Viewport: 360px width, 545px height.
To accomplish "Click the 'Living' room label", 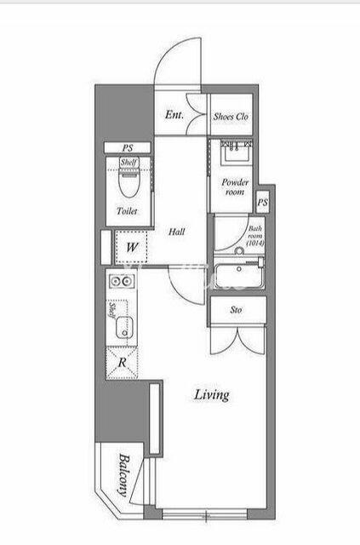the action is (212, 395).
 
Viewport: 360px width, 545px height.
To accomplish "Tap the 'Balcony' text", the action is (123, 475).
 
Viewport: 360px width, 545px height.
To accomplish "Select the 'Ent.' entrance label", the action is (174, 115).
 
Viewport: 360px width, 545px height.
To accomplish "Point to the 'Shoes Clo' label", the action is (231, 117).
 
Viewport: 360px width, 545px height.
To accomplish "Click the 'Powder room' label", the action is (235, 187).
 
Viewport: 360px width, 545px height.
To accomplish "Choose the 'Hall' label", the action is (176, 232).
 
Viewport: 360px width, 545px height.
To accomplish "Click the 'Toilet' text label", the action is (127, 210).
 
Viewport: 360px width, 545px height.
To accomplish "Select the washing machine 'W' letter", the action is (132, 248).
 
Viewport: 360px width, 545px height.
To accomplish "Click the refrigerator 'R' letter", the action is (122, 363).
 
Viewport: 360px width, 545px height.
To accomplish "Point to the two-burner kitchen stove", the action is (122, 280).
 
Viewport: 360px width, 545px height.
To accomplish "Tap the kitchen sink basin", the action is (124, 327).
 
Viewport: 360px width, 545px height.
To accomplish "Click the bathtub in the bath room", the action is (239, 276).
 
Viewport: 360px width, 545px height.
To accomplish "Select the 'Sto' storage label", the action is (237, 310).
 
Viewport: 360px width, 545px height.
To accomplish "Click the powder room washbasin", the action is (237, 153).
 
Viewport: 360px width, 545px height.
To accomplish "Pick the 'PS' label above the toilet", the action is (128, 147).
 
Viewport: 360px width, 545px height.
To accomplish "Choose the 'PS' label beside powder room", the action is (263, 202).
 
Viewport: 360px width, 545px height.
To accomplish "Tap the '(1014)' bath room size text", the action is (255, 244).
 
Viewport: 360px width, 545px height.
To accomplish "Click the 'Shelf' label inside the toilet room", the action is (129, 162).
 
